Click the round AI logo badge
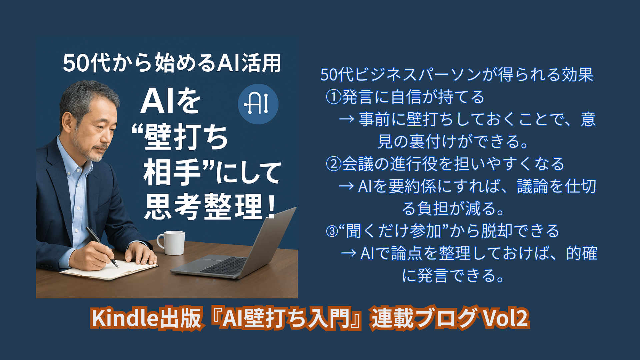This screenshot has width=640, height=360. (258, 104)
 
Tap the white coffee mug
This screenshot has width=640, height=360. (171, 243)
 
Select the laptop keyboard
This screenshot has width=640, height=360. (224, 266)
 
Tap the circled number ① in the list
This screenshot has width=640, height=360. (333, 97)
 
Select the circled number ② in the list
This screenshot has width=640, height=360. (333, 164)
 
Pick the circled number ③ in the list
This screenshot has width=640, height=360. (332, 231)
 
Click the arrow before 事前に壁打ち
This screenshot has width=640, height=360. (346, 119)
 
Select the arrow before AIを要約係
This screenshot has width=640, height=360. (346, 186)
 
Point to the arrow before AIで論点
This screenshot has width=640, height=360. (349, 253)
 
